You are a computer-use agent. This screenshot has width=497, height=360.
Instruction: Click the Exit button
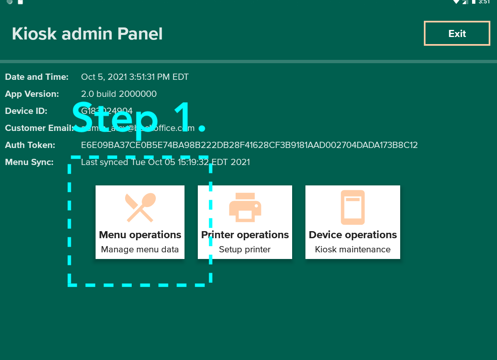(457, 34)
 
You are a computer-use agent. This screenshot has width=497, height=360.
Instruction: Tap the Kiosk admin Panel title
(87, 34)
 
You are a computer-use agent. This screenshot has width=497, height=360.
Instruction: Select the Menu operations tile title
(140, 235)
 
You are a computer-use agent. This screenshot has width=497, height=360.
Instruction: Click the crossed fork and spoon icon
(140, 207)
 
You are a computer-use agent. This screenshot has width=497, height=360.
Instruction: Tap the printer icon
(245, 207)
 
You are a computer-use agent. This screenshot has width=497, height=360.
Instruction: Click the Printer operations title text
(245, 235)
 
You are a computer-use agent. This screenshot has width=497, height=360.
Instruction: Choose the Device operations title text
(353, 235)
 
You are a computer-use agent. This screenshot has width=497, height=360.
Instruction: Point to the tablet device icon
(353, 207)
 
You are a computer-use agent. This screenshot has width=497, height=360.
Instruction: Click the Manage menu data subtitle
(140, 249)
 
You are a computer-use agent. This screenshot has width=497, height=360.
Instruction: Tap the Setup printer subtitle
(245, 249)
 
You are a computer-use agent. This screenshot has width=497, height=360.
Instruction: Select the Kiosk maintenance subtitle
(353, 249)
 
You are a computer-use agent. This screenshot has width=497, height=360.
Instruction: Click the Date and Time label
(37, 77)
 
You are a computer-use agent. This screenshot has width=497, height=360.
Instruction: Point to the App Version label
(32, 94)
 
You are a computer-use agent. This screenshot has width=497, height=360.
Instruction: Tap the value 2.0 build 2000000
(119, 94)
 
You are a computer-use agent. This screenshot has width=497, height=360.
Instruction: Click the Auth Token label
(30, 145)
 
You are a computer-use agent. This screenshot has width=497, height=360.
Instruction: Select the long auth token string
(249, 145)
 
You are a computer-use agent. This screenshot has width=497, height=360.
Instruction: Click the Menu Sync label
(29, 162)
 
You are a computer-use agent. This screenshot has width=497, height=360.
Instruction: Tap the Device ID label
(26, 111)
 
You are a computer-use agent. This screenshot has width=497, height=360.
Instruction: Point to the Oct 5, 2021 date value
(135, 77)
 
